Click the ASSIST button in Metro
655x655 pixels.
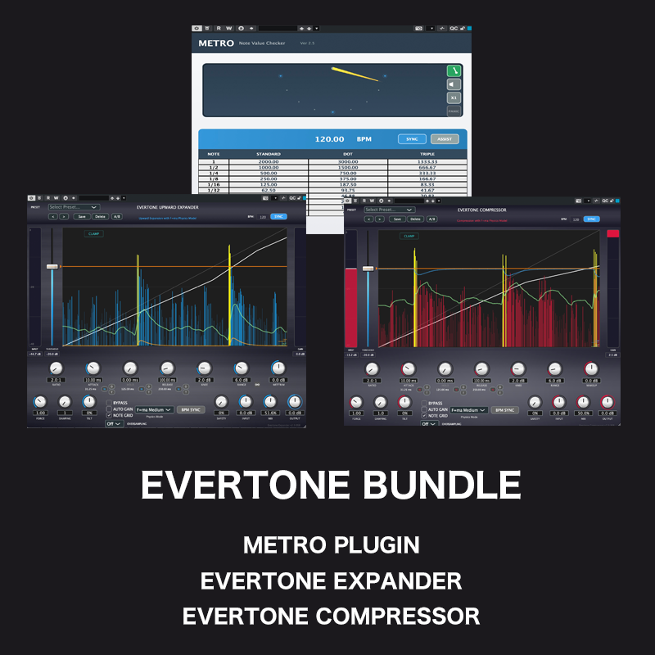(445, 139)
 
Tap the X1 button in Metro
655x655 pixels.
(454, 97)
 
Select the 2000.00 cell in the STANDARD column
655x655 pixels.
(269, 162)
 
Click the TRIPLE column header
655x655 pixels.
(426, 154)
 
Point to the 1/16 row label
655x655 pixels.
(214, 185)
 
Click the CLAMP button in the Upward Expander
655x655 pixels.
(94, 234)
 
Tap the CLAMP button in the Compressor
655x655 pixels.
(409, 236)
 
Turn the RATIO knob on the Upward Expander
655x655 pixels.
(56, 369)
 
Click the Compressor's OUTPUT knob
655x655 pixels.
(608, 402)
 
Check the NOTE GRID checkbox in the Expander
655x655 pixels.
(109, 415)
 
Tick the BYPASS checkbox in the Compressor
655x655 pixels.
(424, 404)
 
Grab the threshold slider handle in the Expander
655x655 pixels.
(52, 267)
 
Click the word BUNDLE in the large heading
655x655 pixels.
(437, 485)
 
